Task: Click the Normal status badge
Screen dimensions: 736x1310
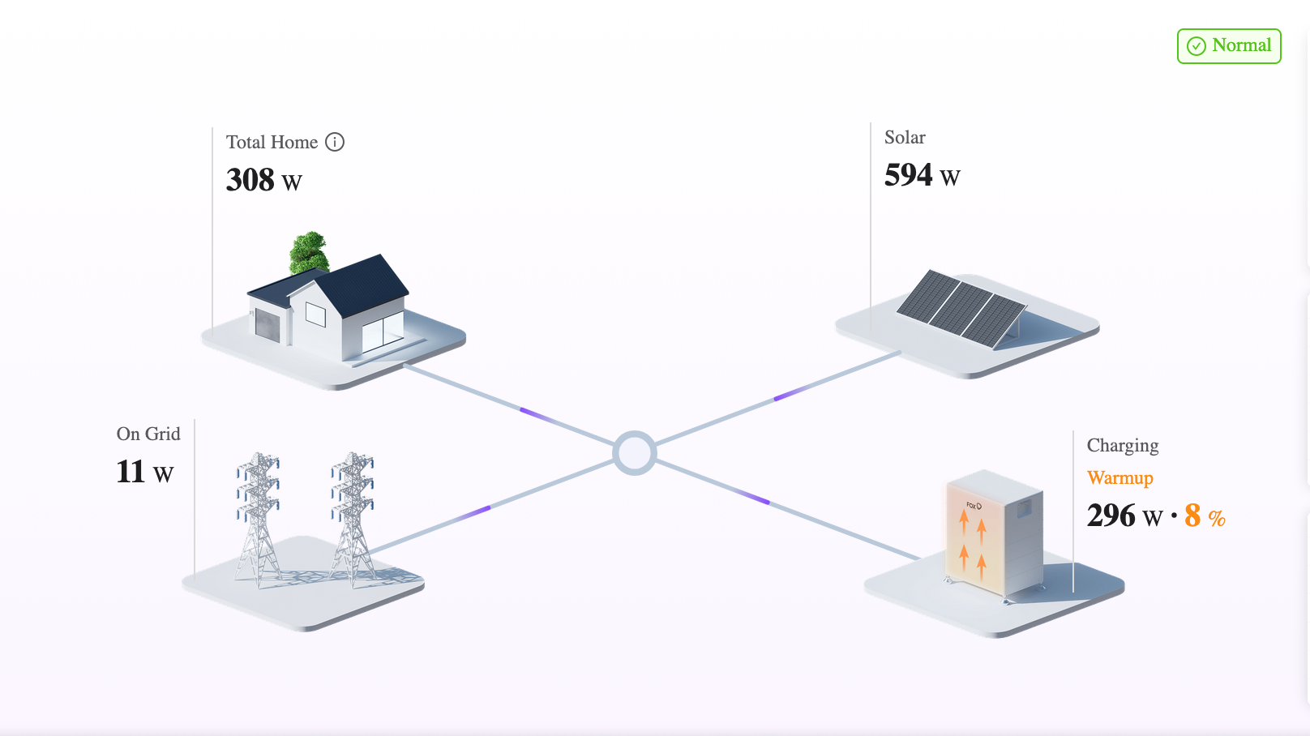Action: pos(1229,46)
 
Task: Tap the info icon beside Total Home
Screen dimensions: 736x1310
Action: pos(335,142)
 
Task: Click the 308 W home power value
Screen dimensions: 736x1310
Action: pos(264,180)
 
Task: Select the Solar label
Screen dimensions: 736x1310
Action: pos(905,138)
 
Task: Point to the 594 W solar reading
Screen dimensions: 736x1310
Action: pos(923,175)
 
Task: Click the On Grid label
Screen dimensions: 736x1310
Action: pos(148,434)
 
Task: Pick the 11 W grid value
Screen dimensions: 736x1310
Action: pos(145,472)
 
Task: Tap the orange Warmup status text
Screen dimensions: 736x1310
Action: pos(1120,478)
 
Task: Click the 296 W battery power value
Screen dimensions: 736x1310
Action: pos(1124,516)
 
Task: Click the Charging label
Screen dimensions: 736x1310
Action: pos(1123,446)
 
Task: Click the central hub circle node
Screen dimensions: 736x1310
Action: pos(634,452)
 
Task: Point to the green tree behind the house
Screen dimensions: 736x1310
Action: pos(308,251)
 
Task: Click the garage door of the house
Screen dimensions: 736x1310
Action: pos(268,324)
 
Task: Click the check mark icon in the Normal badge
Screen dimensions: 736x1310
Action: pos(1197,46)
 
